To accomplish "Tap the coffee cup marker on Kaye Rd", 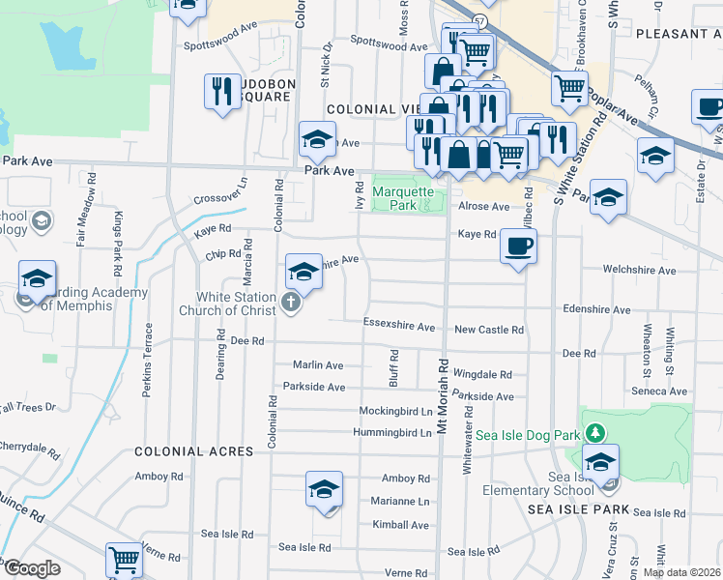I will point(519,247).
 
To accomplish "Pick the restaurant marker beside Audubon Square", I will point(222,93).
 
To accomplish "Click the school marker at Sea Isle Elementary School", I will point(600,464).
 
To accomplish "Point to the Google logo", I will point(31,568).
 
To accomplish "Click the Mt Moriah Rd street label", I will point(444,395).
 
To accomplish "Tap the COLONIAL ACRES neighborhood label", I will point(193,451).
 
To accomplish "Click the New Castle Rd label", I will point(489,330).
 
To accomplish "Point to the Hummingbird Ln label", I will point(391,432).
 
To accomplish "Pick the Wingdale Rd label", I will point(481,374).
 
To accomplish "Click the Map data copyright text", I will point(681,572).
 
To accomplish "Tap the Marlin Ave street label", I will point(318,365).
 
